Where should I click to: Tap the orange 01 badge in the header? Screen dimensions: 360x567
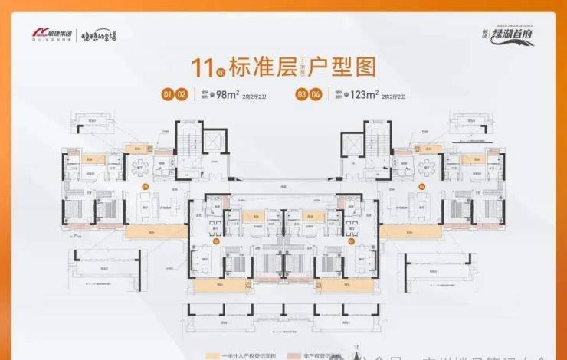coord(166,95)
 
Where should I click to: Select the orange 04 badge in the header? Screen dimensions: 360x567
coord(316,95)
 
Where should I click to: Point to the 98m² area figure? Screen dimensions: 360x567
coord(226,95)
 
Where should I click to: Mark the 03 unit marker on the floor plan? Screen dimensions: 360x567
coord(143,185)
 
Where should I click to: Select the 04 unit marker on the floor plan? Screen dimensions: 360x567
coord(422,185)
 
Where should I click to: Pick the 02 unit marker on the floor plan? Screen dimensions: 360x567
coord(216,241)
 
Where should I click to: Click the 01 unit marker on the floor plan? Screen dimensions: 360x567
coord(351,241)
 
